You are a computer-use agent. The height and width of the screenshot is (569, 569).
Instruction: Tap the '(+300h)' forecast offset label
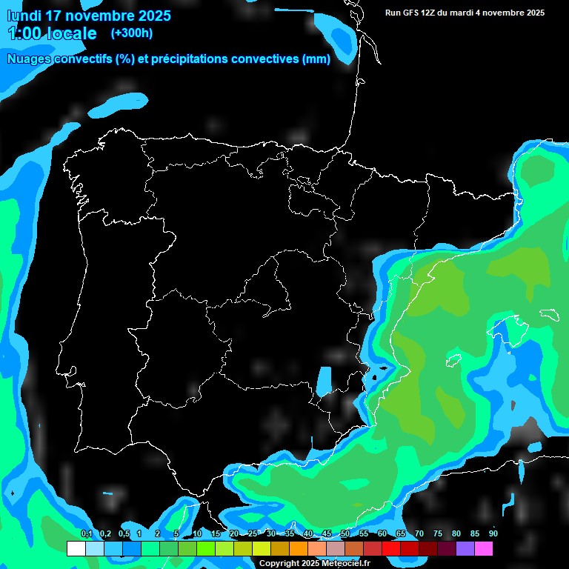point(131,33)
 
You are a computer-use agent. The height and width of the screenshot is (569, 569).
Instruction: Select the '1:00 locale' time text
point(52,33)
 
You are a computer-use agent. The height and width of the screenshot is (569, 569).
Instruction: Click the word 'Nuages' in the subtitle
point(29,59)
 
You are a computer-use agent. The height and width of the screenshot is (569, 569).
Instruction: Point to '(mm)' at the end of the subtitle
point(316,59)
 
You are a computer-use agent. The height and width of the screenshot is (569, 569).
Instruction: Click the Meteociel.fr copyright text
point(314,563)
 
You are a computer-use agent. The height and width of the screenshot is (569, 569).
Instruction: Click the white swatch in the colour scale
point(76,549)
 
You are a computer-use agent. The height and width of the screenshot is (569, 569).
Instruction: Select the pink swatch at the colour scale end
point(483,549)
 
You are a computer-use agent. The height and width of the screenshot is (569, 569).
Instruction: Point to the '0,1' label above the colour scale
point(87,534)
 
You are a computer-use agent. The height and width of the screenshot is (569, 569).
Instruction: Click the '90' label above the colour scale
point(493,534)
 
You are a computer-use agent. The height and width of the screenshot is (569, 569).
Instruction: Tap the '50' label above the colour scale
point(345,534)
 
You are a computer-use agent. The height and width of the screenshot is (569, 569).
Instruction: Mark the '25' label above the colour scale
point(253,534)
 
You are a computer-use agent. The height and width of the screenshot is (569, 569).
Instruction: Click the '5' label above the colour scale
point(176,534)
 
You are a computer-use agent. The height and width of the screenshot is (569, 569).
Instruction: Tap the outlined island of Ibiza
point(452,361)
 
